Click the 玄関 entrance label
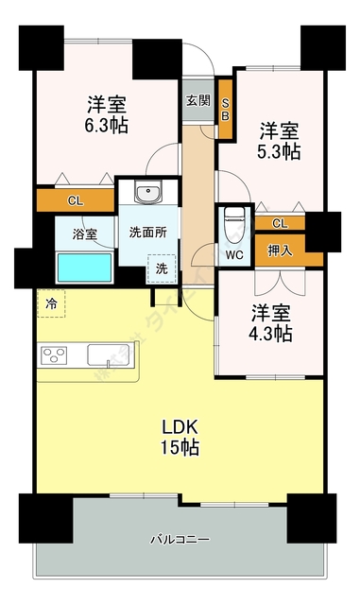[198, 100]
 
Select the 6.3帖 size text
[108, 125]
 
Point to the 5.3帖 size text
[281, 150]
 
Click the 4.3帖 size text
[271, 334]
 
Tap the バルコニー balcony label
[180, 540]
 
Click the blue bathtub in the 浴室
[79, 267]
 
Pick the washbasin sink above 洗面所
[147, 195]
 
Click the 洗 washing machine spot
[163, 268]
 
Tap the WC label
[232, 253]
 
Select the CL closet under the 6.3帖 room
[75, 200]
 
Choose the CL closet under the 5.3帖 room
[280, 222]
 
